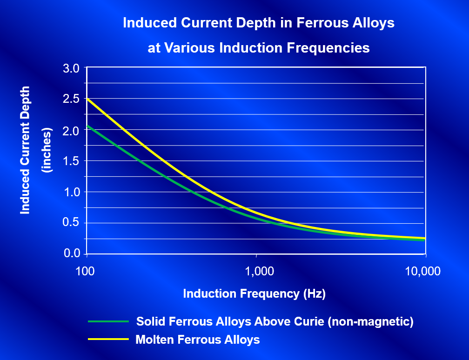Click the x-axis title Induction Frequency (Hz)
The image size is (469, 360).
(254, 293)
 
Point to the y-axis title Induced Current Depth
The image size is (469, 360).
(26, 150)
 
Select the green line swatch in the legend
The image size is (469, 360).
(107, 321)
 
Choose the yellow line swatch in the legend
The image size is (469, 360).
(107, 340)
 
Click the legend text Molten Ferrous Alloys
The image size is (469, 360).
(197, 340)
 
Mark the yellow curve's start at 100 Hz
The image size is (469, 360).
(87, 99)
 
